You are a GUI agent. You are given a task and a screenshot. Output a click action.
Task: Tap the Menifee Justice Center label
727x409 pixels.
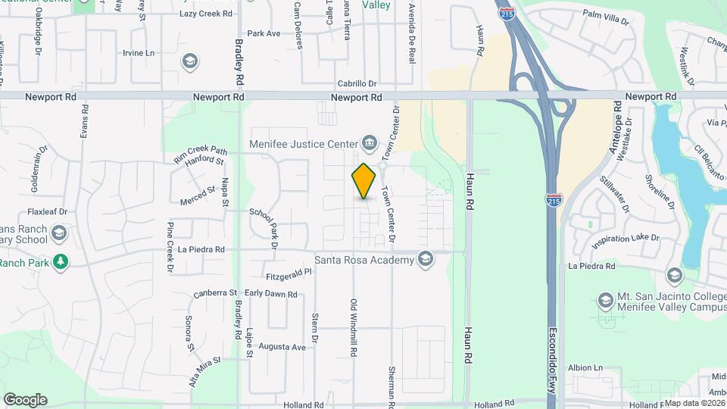(x=304, y=142)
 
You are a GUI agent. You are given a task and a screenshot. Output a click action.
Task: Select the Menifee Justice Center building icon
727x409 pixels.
(x=370, y=142)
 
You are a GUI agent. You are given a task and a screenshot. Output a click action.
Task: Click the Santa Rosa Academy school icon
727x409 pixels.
(x=425, y=260)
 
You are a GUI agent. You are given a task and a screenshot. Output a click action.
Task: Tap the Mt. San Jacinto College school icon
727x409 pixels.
(x=604, y=301)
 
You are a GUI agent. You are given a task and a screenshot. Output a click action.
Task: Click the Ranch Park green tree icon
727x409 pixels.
(x=60, y=262)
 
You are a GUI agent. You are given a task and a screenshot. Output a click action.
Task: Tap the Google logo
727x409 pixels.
(x=25, y=399)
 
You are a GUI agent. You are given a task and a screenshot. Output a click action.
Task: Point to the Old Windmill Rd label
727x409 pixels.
(x=354, y=326)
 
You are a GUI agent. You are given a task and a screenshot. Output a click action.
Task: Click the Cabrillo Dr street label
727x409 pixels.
(x=357, y=84)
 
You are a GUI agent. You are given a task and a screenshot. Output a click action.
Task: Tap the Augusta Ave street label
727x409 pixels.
(x=282, y=347)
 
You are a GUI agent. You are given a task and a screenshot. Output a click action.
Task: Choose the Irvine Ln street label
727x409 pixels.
(x=138, y=53)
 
